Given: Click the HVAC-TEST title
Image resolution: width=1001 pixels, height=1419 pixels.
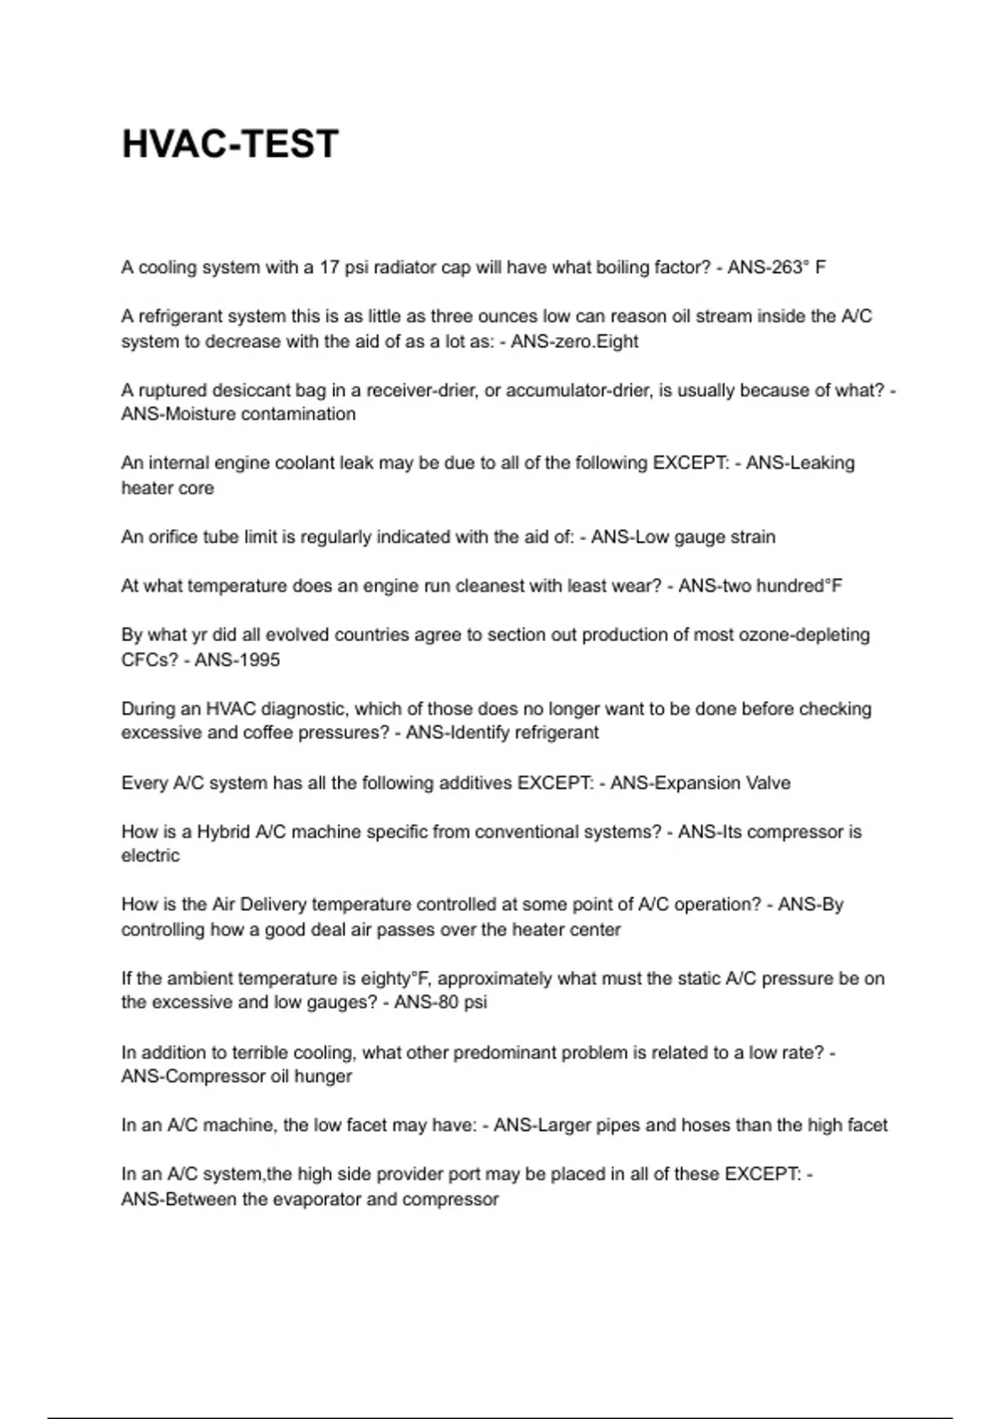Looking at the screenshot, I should pyautogui.click(x=230, y=144).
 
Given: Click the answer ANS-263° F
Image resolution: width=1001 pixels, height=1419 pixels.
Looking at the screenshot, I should pyautogui.click(x=777, y=267).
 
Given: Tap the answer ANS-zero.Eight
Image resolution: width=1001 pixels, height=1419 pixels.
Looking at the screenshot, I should pyautogui.click(x=575, y=341).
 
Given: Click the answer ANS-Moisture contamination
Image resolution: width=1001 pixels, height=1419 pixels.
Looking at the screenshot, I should pyautogui.click(x=239, y=414).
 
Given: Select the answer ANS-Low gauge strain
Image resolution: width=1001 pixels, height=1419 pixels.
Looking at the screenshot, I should pyautogui.click(x=683, y=537).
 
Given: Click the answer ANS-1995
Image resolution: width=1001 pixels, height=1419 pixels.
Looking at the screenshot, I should pyautogui.click(x=238, y=659).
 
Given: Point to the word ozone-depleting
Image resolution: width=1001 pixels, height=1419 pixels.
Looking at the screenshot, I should pyautogui.click(x=804, y=634).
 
